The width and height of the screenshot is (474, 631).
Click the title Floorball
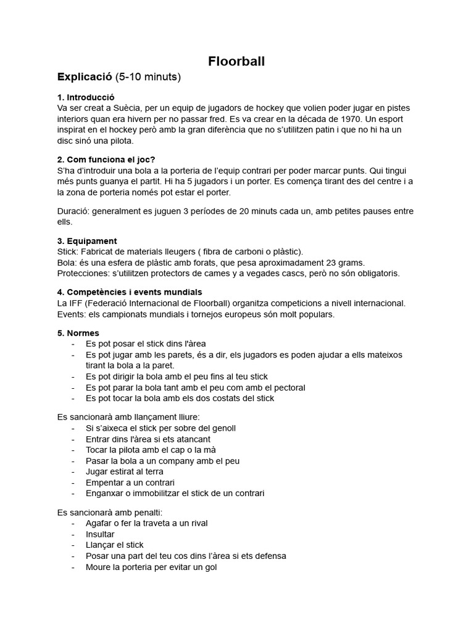tap(236, 61)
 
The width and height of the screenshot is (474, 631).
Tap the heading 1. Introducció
tap(86, 97)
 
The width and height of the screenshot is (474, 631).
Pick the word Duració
tap(73, 211)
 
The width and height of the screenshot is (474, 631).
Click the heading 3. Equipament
tap(87, 241)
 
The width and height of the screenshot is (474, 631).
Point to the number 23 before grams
tap(326, 263)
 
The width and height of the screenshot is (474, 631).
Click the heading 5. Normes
tap(78, 333)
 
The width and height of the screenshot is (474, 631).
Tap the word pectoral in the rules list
tap(286, 388)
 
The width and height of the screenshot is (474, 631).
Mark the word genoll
tap(222, 428)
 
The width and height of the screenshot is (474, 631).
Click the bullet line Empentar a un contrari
tap(130, 482)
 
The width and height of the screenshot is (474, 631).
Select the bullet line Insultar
tap(100, 534)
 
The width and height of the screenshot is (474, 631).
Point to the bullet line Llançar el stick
tap(115, 545)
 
